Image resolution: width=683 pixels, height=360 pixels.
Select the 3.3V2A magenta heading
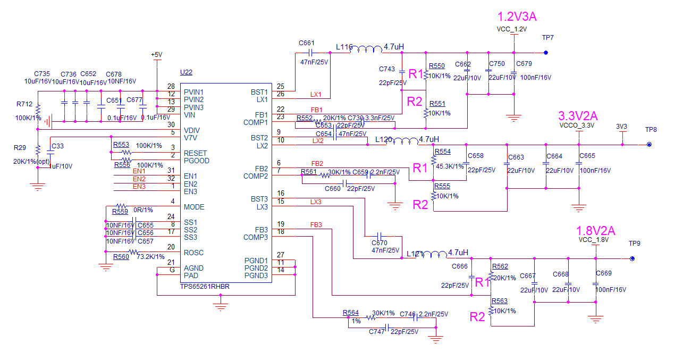(578, 116)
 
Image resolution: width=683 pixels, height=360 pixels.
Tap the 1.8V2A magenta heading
(595, 231)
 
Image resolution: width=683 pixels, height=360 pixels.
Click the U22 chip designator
(187, 73)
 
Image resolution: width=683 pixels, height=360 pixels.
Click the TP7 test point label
(547, 38)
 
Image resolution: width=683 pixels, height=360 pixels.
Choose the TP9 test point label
(635, 244)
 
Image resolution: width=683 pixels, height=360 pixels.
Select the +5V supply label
(156, 55)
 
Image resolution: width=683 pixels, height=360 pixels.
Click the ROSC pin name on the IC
(194, 253)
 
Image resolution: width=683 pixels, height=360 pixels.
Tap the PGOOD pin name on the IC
(197, 161)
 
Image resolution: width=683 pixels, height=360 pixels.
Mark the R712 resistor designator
(24, 104)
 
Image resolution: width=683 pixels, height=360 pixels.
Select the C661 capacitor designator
(307, 43)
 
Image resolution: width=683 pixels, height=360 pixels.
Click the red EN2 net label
(139, 179)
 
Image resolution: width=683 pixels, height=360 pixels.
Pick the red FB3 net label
(316, 225)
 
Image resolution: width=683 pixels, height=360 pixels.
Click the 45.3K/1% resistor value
(450, 166)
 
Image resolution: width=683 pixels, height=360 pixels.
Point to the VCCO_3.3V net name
(577, 126)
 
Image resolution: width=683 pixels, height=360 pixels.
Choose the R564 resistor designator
(351, 313)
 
